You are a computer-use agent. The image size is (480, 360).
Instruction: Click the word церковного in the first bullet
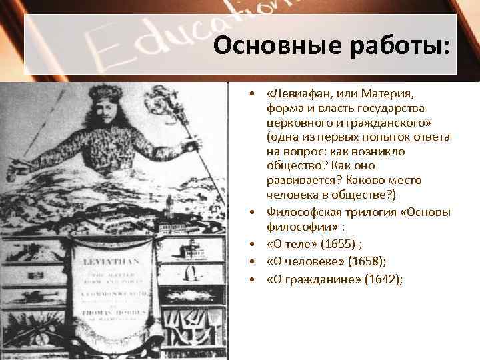(x=299, y=123)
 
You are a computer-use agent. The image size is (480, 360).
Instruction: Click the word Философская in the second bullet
(x=301, y=212)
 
